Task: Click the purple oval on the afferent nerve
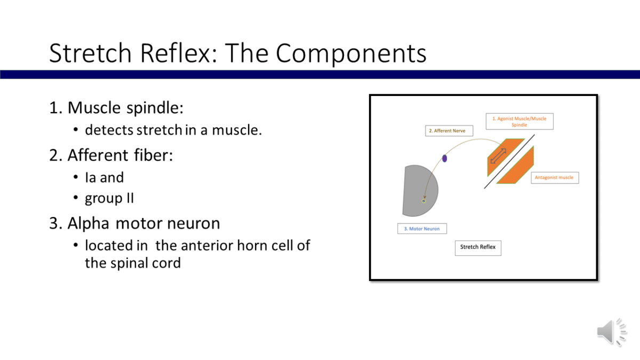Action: point(444,158)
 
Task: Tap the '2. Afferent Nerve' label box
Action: point(449,131)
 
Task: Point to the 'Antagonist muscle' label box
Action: point(554,178)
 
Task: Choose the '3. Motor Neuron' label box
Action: point(422,229)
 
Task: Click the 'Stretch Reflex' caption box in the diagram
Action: point(478,247)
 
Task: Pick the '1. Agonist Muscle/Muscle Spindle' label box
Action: point(519,122)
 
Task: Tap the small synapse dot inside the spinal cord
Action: point(424,201)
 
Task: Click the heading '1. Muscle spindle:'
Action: point(116,108)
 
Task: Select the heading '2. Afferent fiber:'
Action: point(111,155)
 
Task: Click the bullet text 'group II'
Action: point(109,198)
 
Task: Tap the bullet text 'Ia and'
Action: point(104,177)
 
